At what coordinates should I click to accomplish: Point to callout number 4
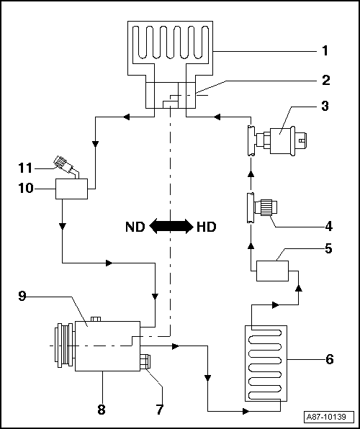(x=328, y=226)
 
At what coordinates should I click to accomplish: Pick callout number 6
(x=329, y=358)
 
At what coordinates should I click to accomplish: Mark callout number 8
(x=101, y=410)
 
